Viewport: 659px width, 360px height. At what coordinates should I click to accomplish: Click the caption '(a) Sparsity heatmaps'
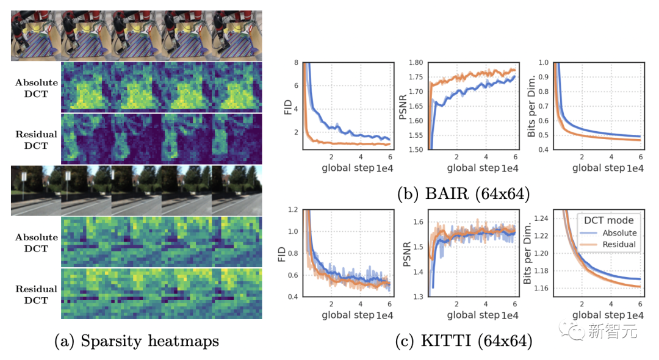tap(136, 341)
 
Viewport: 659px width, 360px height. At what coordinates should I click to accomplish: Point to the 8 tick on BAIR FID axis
tap(297, 62)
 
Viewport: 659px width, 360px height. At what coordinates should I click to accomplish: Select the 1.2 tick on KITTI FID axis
tap(294, 209)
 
